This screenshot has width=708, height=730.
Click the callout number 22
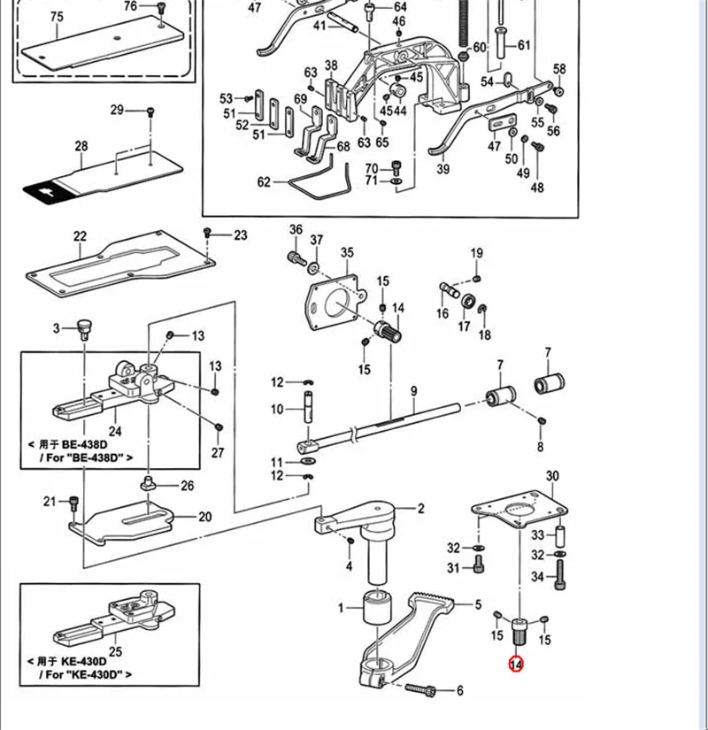tap(81, 236)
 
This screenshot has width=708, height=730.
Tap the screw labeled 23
tap(207, 232)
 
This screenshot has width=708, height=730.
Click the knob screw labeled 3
tap(85, 329)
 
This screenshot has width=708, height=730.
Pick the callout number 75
tap(58, 17)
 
